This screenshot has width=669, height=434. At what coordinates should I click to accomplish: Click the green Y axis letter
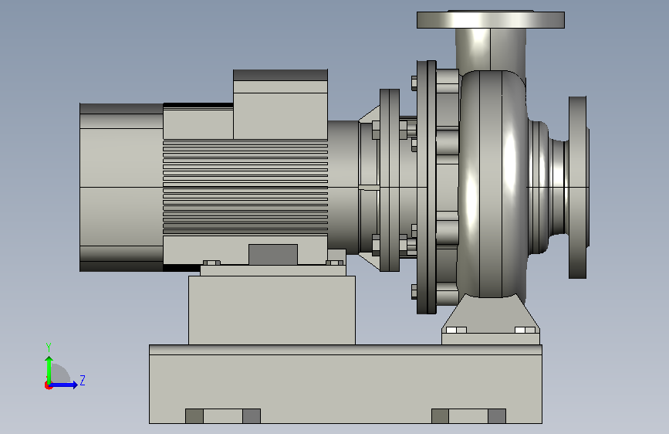tap(49, 348)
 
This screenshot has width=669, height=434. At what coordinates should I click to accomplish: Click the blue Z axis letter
tap(83, 380)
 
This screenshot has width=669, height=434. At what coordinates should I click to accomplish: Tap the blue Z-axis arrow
tap(63, 385)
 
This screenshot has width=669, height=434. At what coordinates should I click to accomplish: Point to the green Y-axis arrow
tap(49, 371)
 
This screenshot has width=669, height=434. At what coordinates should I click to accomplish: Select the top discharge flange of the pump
tap(491, 19)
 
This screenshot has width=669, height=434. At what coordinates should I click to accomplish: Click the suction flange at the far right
tap(578, 187)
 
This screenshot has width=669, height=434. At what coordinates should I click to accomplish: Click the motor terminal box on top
tap(280, 104)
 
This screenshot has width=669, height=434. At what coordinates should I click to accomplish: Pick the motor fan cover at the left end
tap(122, 187)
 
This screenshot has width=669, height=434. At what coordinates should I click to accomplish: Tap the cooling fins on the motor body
tap(245, 187)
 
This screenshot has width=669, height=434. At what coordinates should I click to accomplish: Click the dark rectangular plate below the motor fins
tap(273, 255)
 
